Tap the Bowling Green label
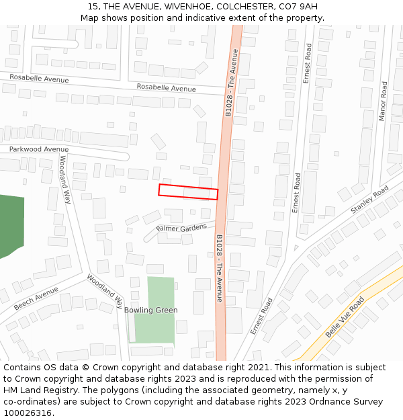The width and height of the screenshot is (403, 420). (x=150, y=310)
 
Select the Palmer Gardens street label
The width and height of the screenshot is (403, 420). (x=181, y=228)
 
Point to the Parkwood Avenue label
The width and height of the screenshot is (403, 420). (x=39, y=149)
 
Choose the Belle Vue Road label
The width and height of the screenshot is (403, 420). (x=344, y=317)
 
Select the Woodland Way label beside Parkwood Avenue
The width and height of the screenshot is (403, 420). (x=64, y=179)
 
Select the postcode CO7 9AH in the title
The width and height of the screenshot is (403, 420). (x=300, y=7)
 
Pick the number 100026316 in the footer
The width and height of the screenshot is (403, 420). (x=27, y=413)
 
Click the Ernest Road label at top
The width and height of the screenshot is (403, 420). (x=307, y=64)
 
